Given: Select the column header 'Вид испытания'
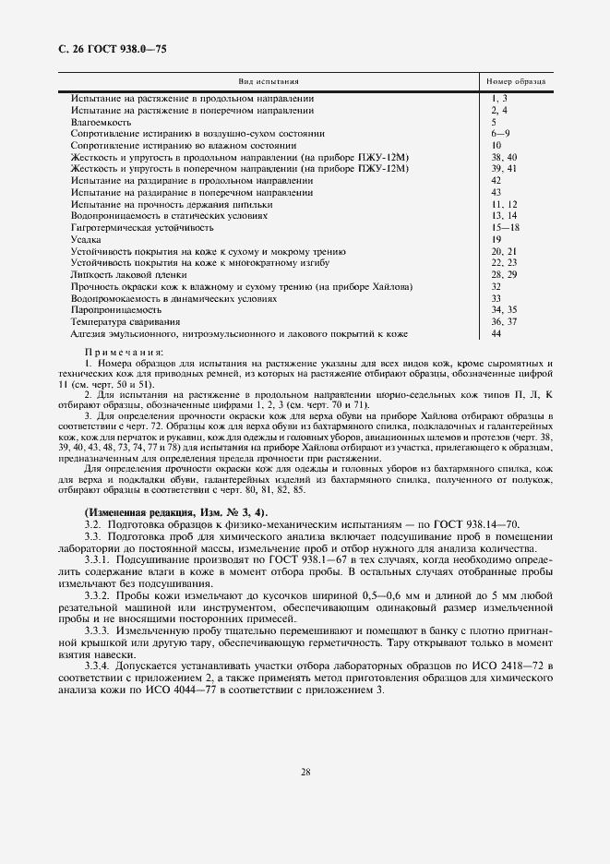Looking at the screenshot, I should [269, 82].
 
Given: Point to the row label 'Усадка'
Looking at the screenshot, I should [85, 239].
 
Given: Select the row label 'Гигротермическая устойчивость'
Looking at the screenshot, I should [142, 227].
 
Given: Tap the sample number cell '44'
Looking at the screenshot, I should [496, 334].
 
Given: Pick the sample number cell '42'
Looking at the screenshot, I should [496, 180].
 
